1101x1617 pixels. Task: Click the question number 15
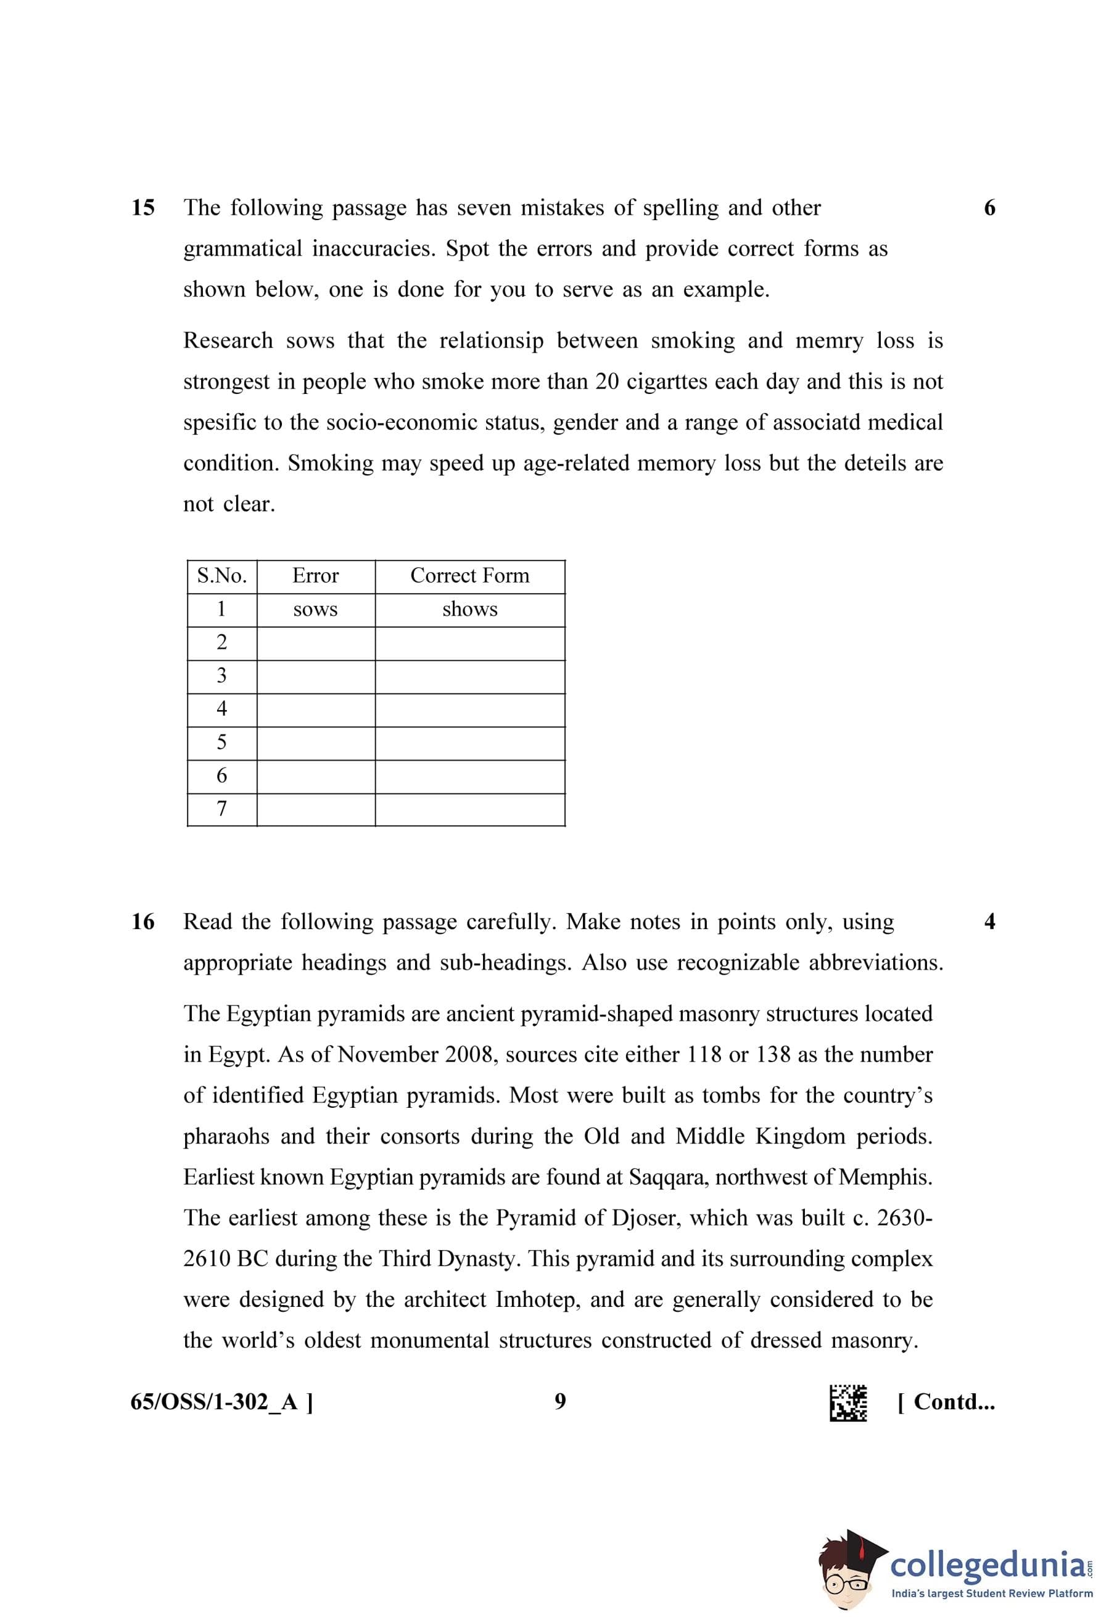coord(142,208)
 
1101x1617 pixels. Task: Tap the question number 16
coord(142,922)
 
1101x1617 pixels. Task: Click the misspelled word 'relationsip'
coord(492,341)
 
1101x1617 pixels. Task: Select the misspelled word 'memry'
coord(829,341)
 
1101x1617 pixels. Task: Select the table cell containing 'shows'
coord(470,610)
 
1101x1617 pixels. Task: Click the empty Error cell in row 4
coord(315,710)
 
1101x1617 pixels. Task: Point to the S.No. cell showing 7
coord(221,809)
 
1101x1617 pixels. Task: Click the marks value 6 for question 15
coord(989,208)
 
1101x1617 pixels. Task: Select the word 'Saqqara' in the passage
coord(668,1177)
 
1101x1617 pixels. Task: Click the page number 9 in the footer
coord(560,1401)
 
